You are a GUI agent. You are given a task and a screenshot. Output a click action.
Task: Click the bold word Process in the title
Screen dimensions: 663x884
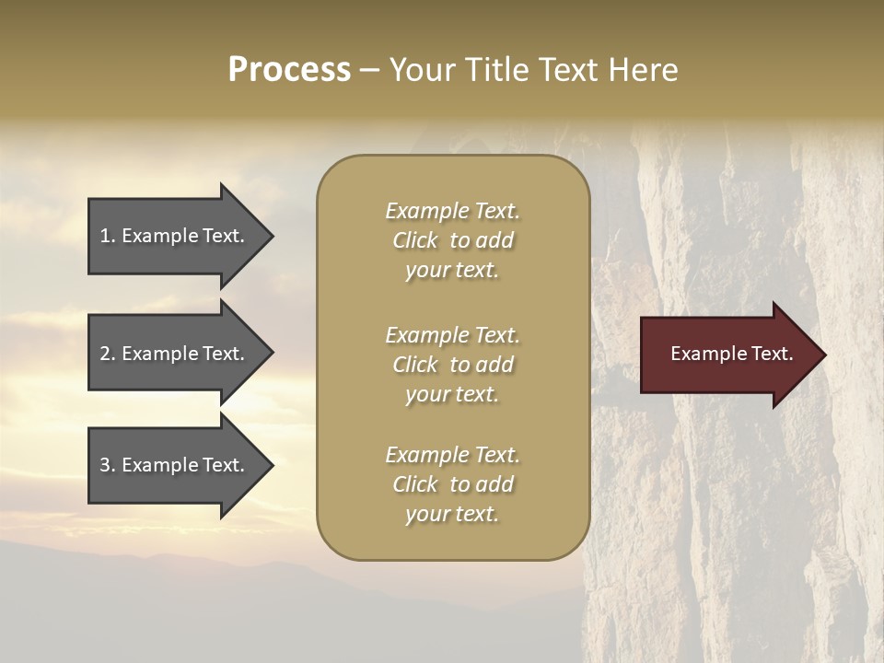289,70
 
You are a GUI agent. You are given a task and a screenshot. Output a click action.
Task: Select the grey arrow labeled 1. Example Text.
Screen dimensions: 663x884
175,236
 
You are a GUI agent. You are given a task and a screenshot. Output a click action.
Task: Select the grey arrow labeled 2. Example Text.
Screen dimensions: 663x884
175,354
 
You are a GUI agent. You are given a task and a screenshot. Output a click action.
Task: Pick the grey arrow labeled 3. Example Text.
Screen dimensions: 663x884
175,465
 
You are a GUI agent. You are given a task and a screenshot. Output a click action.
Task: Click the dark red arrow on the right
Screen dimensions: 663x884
727,354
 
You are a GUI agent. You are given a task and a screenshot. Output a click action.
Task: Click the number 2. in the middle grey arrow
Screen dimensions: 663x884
108,354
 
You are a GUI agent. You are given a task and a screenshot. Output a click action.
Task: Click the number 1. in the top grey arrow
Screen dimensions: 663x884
108,236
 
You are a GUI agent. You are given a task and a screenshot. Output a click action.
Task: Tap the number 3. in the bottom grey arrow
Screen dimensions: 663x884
108,465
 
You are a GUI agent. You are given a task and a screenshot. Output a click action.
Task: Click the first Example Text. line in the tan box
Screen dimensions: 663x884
452,211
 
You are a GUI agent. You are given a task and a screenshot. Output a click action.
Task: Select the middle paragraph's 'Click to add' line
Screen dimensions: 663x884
452,365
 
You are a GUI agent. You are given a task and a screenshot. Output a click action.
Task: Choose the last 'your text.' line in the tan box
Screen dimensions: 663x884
452,514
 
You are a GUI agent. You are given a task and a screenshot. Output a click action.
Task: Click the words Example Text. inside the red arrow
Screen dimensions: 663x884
731,354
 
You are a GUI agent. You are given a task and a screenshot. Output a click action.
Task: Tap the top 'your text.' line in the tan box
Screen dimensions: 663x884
452,270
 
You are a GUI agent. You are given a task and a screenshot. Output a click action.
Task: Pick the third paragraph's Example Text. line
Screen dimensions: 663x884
452,455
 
